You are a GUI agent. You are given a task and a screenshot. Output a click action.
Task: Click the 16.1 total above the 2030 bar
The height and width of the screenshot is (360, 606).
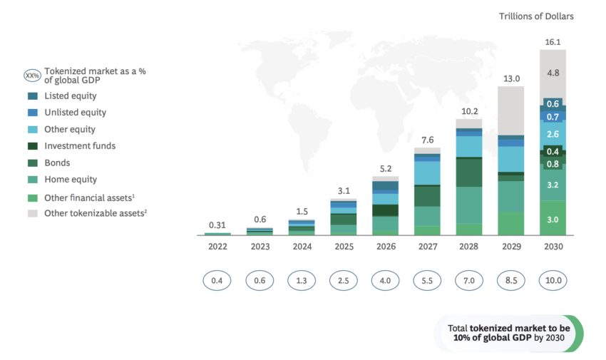point(553,42)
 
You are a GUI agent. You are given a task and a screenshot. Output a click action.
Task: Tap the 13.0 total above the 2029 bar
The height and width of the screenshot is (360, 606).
point(510,78)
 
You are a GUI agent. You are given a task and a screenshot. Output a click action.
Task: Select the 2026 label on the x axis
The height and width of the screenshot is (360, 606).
point(385,247)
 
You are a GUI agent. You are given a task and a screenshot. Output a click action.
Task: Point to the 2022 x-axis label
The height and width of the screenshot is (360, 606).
point(218,247)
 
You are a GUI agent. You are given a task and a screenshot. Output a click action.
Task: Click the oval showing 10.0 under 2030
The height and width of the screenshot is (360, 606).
point(553,280)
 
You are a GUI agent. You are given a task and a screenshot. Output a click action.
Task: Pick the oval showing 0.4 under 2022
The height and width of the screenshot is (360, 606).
point(218,280)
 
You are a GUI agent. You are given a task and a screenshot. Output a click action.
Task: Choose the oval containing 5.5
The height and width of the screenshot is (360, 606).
point(427,280)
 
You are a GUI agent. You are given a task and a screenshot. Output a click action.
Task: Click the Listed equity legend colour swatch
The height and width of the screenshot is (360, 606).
point(33,96)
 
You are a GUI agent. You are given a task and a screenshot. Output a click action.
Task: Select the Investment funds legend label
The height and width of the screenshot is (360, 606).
point(80,145)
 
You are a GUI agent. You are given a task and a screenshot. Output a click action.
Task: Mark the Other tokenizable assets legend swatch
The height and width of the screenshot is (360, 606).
point(33,213)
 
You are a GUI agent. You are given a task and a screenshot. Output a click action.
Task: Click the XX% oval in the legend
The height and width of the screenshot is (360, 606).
point(33,75)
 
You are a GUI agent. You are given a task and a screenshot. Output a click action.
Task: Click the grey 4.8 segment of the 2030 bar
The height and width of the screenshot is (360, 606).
point(553,73)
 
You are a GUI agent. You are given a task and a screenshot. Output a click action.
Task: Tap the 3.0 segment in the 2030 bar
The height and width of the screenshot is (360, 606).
point(553,220)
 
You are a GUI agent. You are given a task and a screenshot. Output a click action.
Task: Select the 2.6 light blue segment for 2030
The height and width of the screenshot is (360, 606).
point(553,134)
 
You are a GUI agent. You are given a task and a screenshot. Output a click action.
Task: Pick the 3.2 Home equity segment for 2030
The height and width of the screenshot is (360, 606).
point(553,185)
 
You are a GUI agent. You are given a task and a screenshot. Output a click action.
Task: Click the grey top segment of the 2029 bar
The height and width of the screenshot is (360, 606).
point(510,110)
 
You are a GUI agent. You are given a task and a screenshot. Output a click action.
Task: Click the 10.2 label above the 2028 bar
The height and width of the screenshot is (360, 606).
point(468,111)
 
